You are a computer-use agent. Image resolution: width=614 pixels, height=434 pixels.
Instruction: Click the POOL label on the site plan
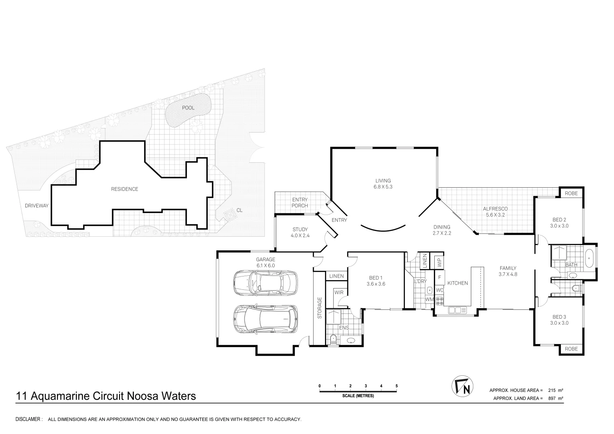click(188, 108)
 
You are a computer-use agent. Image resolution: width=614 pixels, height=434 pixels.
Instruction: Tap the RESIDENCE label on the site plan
click(124, 189)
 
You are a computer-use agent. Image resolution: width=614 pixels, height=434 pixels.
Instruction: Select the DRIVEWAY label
click(37, 206)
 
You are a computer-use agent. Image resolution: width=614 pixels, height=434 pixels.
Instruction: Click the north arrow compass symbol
click(462, 386)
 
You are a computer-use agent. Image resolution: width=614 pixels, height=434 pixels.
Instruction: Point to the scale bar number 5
click(396, 386)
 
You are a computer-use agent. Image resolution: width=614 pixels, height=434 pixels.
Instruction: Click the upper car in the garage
click(265, 283)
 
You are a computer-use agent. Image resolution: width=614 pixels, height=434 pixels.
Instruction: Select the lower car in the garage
click(265, 319)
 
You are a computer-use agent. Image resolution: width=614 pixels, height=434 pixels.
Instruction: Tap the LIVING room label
click(383, 184)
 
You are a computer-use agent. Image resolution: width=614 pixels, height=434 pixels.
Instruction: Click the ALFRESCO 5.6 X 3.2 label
click(495, 212)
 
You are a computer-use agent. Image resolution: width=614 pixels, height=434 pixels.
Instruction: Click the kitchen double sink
click(457, 310)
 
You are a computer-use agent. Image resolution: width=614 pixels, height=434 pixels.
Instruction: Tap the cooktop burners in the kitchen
click(439, 301)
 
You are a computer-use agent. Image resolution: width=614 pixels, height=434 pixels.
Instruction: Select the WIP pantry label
click(439, 262)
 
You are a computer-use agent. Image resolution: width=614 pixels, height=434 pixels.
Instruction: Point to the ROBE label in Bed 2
click(571, 193)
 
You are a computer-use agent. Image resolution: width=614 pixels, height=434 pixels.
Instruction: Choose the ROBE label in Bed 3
click(571, 349)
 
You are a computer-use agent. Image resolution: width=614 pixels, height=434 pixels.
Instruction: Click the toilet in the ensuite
click(333, 340)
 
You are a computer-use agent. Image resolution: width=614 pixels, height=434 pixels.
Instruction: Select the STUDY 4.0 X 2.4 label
click(300, 232)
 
